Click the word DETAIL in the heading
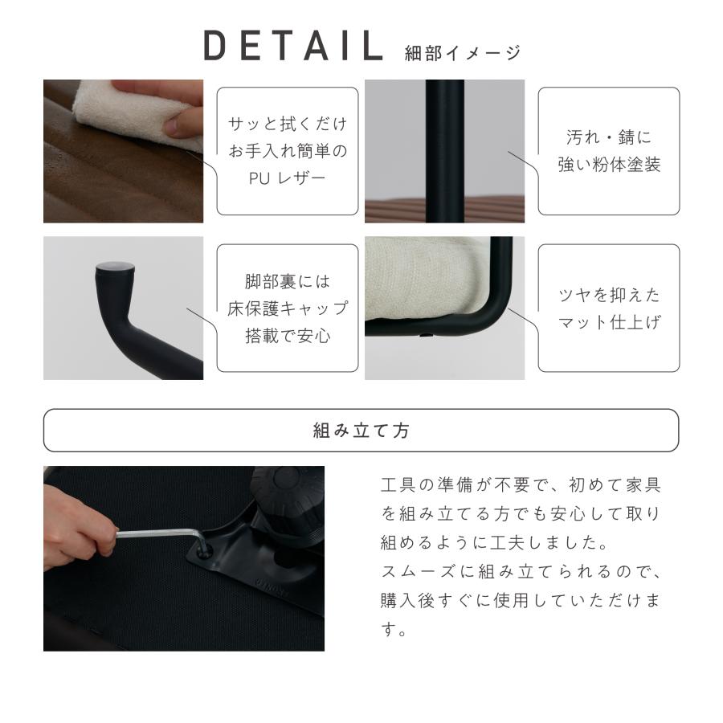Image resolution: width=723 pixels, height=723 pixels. tap(293, 47)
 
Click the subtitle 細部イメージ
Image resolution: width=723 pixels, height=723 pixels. tap(464, 53)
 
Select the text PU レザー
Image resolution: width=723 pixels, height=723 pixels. tap(288, 177)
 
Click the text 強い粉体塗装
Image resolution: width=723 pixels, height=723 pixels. tap(608, 165)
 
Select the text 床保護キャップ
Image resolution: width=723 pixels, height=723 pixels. tap(288, 308)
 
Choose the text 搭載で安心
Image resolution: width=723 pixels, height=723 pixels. tap(288, 335)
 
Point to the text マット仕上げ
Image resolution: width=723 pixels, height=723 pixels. tap(608, 323)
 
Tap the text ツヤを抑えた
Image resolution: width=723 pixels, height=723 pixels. tap(608, 296)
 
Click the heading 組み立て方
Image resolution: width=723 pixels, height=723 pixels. tap(361, 431)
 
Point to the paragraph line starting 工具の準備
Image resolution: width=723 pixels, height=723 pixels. tap(520, 487)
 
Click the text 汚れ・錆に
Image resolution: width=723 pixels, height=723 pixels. tap(608, 138)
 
